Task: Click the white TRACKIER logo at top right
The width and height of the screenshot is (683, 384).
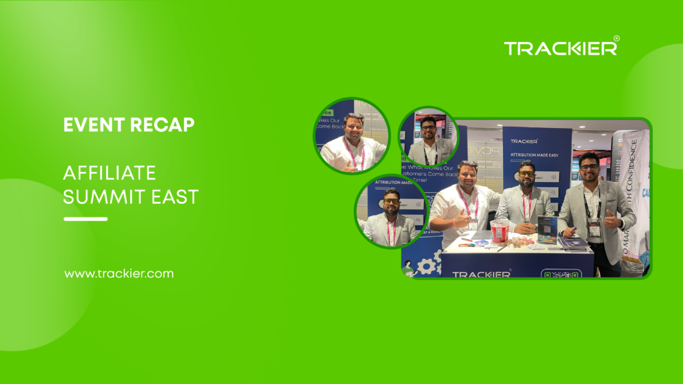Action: (x=560, y=47)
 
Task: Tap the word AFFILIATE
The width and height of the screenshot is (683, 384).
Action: (x=109, y=173)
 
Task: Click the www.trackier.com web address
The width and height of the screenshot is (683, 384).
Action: (x=119, y=273)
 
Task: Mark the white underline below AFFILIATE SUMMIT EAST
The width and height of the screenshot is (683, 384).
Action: (x=85, y=219)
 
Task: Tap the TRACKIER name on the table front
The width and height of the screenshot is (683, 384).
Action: (x=482, y=273)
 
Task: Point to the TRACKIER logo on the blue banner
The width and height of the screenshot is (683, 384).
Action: (x=524, y=141)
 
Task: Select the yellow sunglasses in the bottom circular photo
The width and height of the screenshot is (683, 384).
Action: (x=392, y=201)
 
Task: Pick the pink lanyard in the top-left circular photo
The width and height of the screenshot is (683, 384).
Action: (x=352, y=152)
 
